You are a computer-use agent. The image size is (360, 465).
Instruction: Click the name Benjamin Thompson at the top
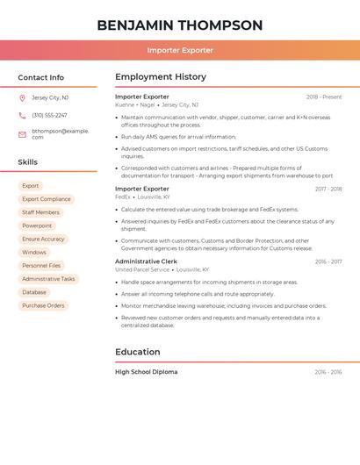pos(180,25)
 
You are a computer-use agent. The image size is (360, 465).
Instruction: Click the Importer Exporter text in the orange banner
pos(180,50)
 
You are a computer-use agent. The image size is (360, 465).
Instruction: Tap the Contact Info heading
pos(41,77)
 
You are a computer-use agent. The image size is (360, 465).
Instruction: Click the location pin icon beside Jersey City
pos(22,97)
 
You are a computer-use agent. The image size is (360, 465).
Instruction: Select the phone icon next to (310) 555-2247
pos(22,115)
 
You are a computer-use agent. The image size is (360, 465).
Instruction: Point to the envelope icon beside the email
pos(22,134)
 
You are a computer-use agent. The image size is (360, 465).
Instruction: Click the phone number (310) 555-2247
pos(49,115)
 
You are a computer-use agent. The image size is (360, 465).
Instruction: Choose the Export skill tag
pos(31,186)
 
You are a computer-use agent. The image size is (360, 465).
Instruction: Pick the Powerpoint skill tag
pos(37,225)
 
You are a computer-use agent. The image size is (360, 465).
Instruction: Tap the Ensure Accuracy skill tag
pos(43,239)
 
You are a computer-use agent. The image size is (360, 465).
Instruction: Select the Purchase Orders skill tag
pos(43,305)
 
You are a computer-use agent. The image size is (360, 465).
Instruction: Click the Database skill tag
pos(34,292)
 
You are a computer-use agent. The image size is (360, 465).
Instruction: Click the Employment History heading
pos(161,77)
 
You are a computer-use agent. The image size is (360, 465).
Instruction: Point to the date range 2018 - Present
pos(324,97)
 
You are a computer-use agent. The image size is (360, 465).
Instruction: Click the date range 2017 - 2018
pos(328,189)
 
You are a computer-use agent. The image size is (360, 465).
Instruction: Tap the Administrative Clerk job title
pos(146,261)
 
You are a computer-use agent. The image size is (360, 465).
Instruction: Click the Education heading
pos(138,352)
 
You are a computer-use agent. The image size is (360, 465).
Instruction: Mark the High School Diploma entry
pos(146,372)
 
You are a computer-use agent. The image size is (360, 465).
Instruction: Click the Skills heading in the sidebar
pos(28,162)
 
